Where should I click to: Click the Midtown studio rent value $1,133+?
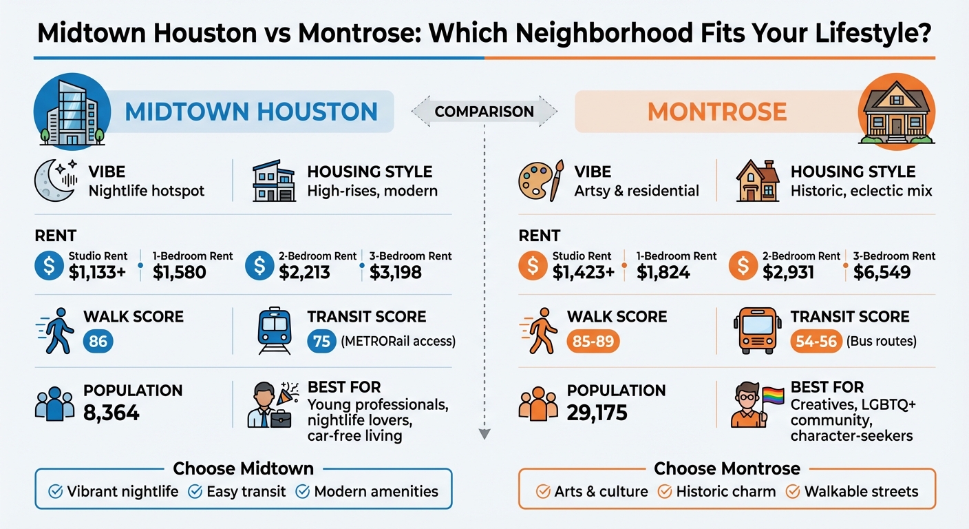[97, 272]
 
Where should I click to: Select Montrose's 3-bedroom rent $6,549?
[882, 272]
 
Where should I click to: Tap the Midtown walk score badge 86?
[98, 341]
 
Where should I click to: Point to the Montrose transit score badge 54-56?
[816, 341]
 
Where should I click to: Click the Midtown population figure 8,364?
[111, 413]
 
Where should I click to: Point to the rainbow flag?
[772, 397]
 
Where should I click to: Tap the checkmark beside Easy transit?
[195, 492]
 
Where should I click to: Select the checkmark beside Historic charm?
[664, 492]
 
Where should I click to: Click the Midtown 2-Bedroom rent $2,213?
[305, 272]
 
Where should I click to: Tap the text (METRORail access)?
[398, 341]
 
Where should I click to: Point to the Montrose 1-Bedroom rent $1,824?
[663, 272]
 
